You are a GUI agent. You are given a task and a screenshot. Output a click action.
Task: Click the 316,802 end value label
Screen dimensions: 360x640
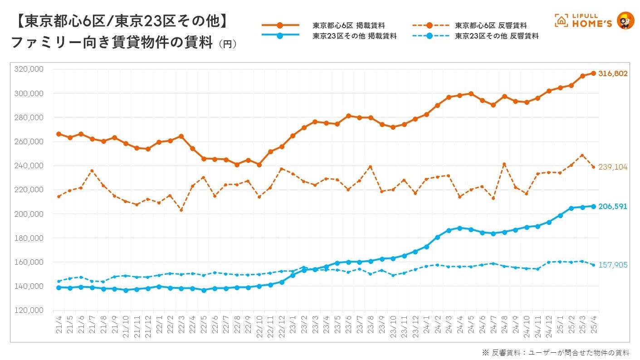tap(612, 73)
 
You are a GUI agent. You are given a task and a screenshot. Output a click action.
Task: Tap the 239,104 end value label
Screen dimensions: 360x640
tap(612, 167)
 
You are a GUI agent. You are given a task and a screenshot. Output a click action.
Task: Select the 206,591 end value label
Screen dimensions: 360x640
tap(612, 207)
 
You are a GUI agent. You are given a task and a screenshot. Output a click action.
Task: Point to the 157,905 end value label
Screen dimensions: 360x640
tap(612, 265)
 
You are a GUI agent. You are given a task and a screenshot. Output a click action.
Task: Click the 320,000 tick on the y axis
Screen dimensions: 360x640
tap(29, 69)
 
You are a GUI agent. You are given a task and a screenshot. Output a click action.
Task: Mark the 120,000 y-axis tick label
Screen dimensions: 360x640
tap(29, 311)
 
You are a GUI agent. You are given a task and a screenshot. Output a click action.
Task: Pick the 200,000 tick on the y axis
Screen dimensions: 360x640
tap(29, 214)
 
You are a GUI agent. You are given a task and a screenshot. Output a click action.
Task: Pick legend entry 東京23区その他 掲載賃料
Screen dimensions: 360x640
tap(355, 36)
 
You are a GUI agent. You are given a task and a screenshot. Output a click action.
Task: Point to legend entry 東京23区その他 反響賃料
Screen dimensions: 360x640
tap(497, 36)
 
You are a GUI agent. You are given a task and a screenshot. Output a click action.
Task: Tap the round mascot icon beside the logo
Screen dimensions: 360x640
tap(626, 21)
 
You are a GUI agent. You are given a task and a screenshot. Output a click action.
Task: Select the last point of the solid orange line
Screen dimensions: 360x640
tap(593, 73)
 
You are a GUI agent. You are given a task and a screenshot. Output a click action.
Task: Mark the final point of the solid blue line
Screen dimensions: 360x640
tap(593, 206)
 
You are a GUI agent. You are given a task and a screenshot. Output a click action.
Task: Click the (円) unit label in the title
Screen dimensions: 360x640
tap(227, 44)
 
